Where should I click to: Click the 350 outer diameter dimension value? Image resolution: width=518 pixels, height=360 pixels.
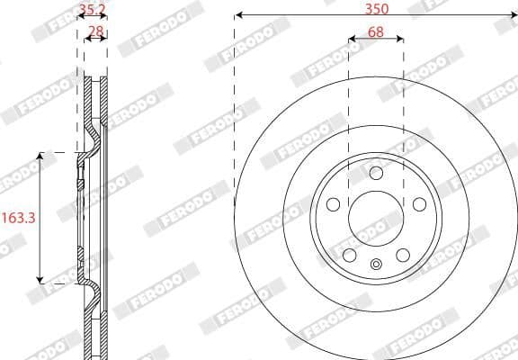(376, 8)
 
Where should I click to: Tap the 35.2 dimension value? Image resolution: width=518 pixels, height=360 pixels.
(92, 11)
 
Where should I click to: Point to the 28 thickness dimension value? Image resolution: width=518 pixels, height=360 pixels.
(94, 31)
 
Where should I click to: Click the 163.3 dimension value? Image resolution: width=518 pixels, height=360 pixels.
(18, 217)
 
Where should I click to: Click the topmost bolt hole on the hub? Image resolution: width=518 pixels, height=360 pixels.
(376, 174)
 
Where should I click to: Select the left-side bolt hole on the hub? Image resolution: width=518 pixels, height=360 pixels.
(334, 203)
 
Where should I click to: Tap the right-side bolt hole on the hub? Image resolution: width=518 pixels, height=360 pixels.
(418, 203)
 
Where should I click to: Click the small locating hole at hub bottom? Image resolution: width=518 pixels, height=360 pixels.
(376, 264)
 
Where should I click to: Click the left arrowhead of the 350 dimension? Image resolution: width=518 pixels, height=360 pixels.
(237, 15)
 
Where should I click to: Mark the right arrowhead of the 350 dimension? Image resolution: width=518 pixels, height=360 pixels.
(514, 15)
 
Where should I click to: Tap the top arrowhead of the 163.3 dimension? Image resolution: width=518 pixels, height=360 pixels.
(40, 157)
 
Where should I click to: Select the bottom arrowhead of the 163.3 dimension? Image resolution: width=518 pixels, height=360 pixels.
(40, 280)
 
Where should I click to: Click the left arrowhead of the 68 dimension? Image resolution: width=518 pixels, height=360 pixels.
(352, 40)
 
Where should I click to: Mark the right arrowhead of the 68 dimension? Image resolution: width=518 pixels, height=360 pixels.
(400, 40)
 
